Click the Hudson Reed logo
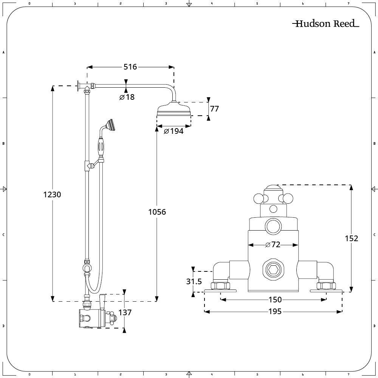pyautogui.click(x=326, y=23)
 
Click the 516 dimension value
pyautogui.click(x=130, y=67)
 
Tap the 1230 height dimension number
pyautogui.click(x=52, y=194)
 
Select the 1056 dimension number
pyautogui.click(x=157, y=212)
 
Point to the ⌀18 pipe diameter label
pyautogui.click(x=127, y=97)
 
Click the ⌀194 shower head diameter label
pyautogui.click(x=174, y=131)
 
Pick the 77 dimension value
pyautogui.click(x=214, y=109)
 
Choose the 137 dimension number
pyautogui.click(x=125, y=313)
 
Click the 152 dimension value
pyautogui.click(x=352, y=239)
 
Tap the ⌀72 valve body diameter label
pyautogui.click(x=273, y=245)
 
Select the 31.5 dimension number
pyautogui.click(x=194, y=281)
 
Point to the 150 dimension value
pyautogui.click(x=275, y=300)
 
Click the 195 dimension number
pyautogui.click(x=275, y=311)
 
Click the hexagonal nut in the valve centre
pyautogui.click(x=273, y=270)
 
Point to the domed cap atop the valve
pyautogui.click(x=273, y=188)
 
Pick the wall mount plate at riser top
pyautogui.click(x=78, y=86)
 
